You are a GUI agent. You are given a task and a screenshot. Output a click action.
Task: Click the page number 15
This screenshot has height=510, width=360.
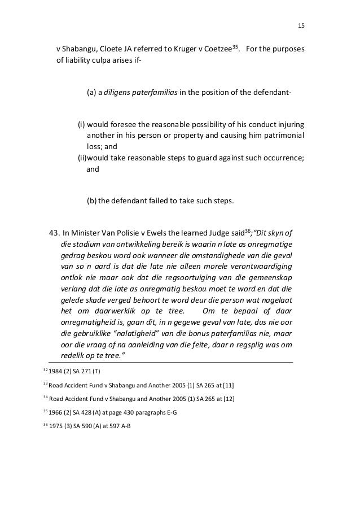tap(300, 26)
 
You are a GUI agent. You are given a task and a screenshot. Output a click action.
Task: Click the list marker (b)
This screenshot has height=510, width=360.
tap(91, 200)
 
